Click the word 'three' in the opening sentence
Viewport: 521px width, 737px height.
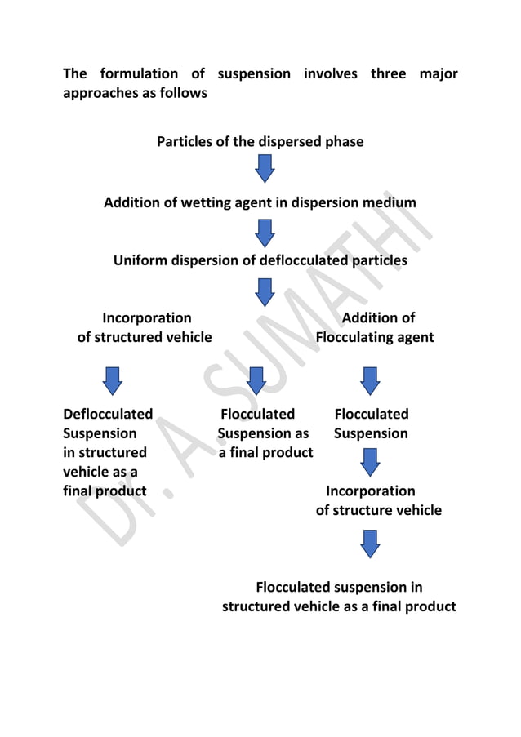[388, 74]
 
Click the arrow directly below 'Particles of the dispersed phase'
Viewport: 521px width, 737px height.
[264, 170]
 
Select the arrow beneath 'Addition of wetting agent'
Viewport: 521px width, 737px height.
[264, 233]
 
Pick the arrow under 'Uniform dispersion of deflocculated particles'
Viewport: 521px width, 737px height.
[264, 291]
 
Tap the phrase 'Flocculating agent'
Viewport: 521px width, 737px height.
[375, 337]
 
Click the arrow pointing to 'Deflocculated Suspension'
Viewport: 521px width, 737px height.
[113, 380]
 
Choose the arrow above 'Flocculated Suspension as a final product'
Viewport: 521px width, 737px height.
[256, 380]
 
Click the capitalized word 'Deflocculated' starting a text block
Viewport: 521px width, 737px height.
[108, 415]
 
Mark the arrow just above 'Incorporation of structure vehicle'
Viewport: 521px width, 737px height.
[370, 463]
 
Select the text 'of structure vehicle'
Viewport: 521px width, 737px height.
[378, 510]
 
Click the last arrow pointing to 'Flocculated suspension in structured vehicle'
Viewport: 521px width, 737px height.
[370, 543]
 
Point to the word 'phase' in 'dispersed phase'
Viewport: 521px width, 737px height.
[343, 142]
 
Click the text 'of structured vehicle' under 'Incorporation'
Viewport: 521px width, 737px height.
[145, 337]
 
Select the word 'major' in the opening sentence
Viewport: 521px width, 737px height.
[439, 74]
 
